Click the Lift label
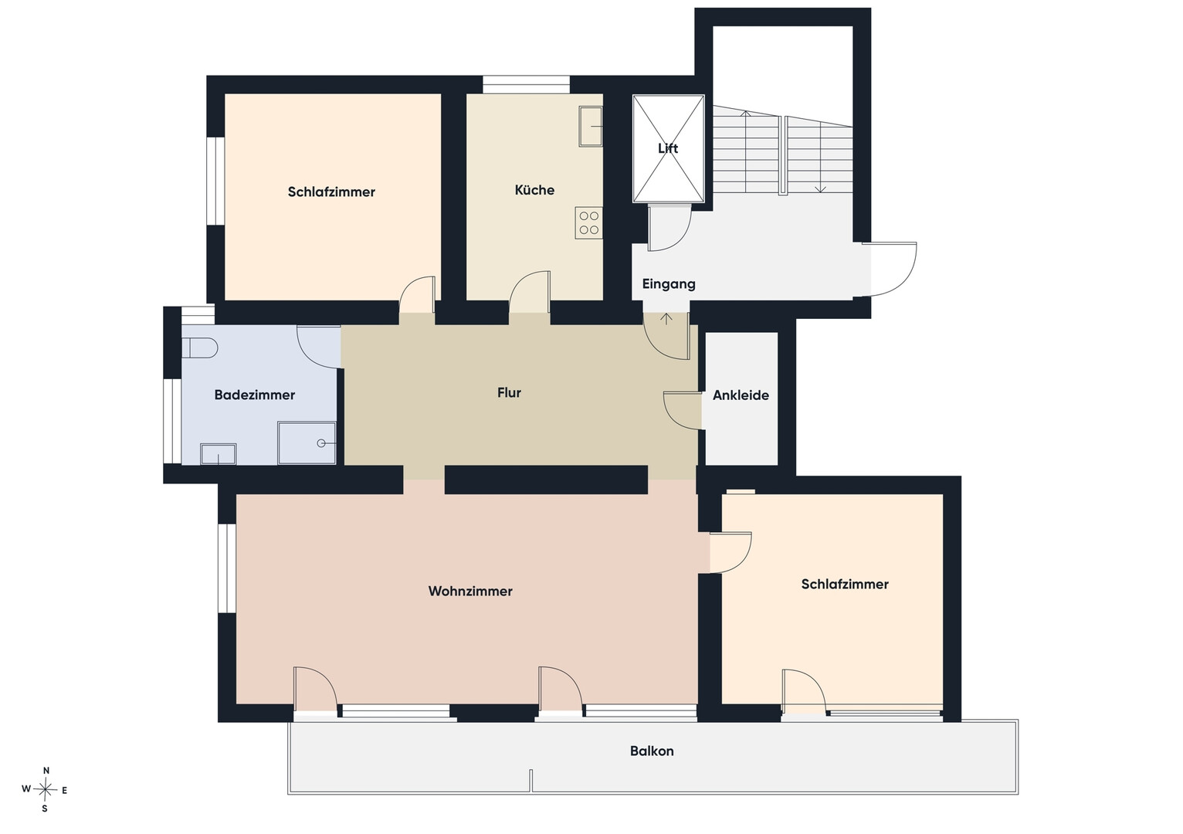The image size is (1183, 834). click(668, 148)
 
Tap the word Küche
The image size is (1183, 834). click(534, 190)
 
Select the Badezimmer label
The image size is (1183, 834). click(255, 395)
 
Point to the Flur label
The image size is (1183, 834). click(509, 392)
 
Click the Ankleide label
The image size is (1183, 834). click(741, 395)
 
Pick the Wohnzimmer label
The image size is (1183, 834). click(470, 591)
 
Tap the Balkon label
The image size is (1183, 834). click(652, 751)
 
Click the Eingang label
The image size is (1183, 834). click(669, 284)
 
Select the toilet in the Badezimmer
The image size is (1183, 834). click(200, 348)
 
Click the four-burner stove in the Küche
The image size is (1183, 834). click(589, 222)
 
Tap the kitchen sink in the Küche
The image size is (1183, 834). click(591, 126)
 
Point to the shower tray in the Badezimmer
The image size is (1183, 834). click(307, 442)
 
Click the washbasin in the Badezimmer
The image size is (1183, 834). click(218, 454)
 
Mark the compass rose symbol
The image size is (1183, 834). click(46, 790)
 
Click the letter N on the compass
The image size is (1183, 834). click(46, 771)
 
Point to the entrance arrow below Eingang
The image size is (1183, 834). click(666, 318)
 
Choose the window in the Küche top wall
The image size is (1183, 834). click(526, 84)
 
